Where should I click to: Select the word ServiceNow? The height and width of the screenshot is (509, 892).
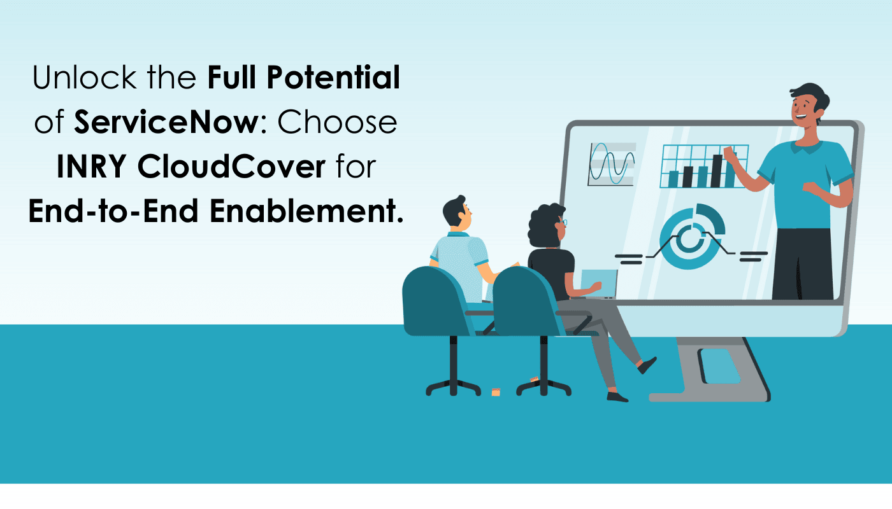tap(164, 122)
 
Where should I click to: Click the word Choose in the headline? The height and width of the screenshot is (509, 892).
tap(337, 122)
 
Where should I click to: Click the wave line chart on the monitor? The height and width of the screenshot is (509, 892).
tap(612, 164)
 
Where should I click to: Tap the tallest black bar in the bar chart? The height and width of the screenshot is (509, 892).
tap(717, 171)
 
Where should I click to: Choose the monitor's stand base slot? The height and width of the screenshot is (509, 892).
tap(719, 365)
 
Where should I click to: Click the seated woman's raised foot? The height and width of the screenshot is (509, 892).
tap(647, 365)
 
